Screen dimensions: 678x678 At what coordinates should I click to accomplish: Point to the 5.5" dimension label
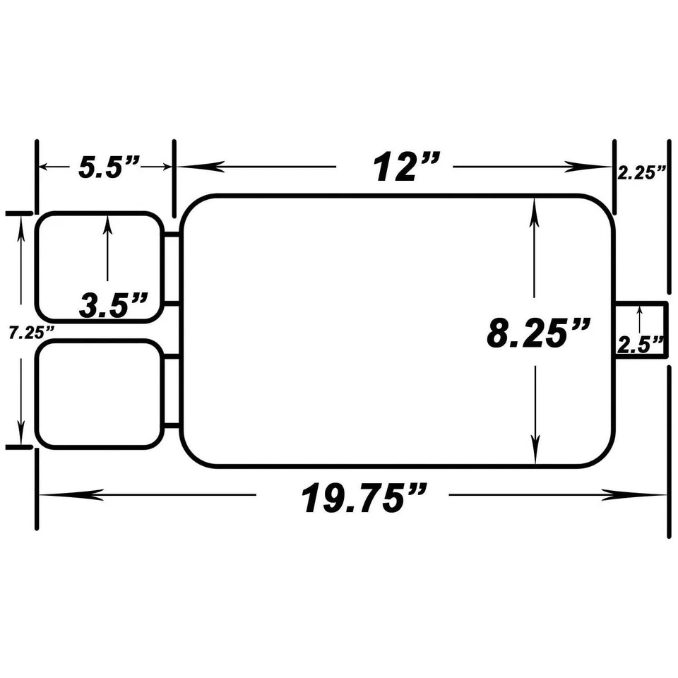click(108, 169)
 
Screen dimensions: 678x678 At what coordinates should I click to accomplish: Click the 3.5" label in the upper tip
click(113, 306)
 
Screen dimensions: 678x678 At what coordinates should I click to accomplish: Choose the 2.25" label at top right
click(641, 172)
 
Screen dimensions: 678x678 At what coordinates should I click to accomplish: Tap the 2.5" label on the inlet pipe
click(641, 344)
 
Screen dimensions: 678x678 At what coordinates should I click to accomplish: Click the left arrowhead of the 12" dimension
click(186, 167)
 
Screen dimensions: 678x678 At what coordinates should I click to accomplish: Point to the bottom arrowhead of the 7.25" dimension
click(21, 436)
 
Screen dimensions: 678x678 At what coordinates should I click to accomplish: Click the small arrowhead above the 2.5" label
click(640, 308)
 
